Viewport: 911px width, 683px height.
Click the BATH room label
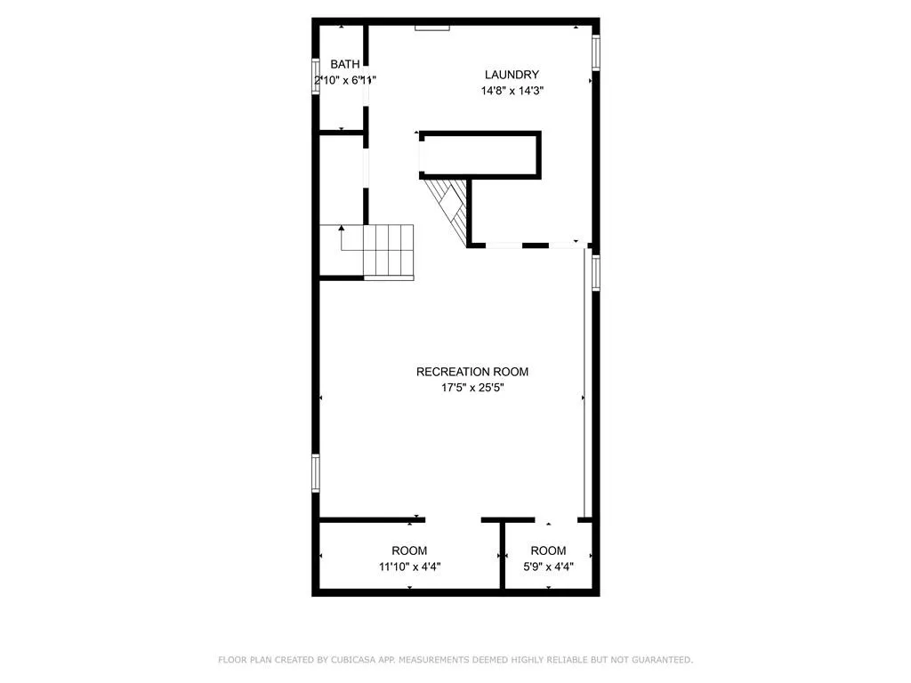click(345, 64)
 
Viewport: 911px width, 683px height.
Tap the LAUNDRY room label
click(512, 75)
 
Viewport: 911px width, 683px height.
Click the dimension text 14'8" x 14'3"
click(512, 90)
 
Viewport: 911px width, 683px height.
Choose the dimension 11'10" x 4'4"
click(409, 566)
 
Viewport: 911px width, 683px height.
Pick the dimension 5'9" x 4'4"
click(548, 566)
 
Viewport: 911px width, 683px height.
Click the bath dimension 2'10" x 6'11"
click(345, 80)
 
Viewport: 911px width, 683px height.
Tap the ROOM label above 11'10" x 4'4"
click(409, 550)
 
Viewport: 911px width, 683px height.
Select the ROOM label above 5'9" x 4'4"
click(548, 550)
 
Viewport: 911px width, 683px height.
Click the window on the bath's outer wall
click(315, 77)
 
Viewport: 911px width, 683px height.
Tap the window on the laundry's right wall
click(596, 51)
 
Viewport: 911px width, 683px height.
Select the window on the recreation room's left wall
click(315, 472)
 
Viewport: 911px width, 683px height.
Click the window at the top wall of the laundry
click(432, 28)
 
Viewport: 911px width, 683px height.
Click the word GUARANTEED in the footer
click(659, 660)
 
